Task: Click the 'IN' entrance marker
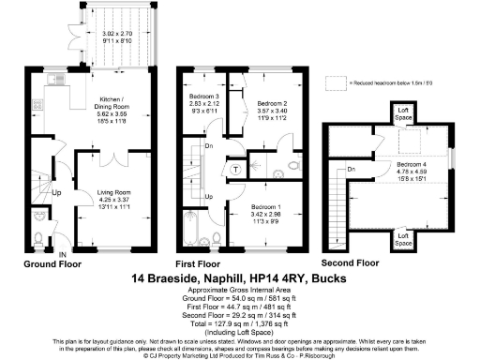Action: (62, 255)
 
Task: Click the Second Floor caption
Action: (351, 264)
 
